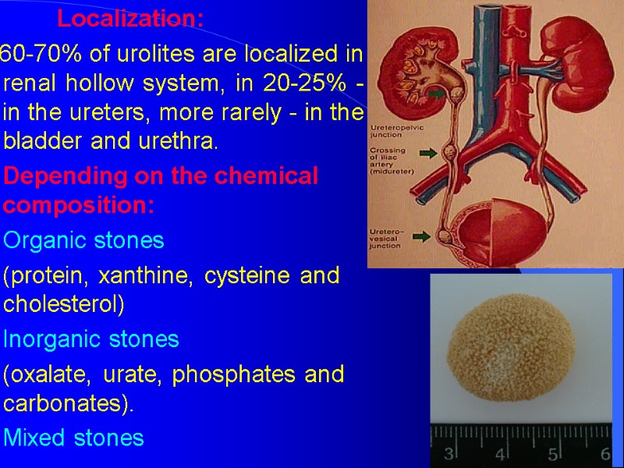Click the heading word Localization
pos(130,19)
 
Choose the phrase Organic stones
pos(84,240)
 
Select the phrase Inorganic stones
pos(91,339)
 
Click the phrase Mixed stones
pos(74,438)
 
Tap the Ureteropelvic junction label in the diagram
pos(394,128)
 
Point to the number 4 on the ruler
pos(501,453)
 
